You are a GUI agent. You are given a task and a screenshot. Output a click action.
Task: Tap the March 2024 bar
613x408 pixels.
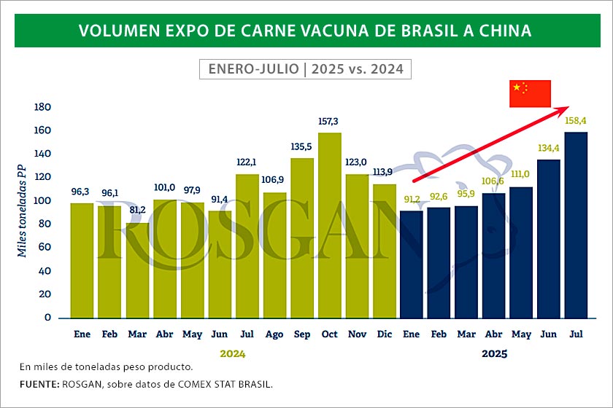137,270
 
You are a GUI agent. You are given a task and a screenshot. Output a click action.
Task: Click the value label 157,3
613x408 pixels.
329,121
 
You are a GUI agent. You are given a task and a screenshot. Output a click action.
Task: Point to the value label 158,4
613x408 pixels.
577,120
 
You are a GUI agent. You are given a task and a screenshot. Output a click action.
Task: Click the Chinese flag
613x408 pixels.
530,93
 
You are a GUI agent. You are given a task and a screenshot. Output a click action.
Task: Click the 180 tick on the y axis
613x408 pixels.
42,107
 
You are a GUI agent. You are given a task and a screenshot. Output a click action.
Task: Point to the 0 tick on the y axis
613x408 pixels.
47,318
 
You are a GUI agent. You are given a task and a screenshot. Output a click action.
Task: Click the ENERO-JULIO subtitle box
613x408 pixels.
306,69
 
